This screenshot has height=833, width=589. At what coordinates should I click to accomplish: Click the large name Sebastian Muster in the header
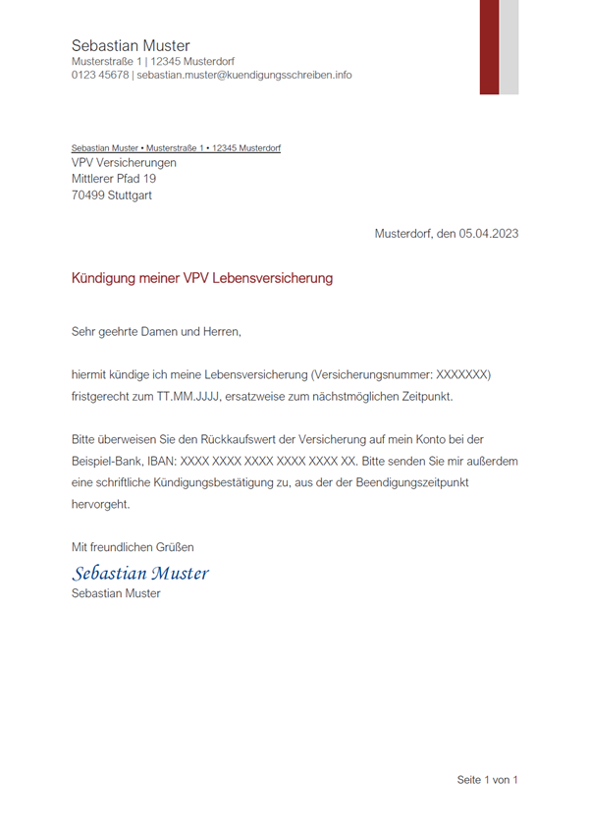(x=131, y=45)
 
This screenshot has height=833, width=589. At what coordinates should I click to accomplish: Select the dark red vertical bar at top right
(x=489, y=46)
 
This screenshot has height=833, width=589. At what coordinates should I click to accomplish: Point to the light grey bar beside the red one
(x=509, y=46)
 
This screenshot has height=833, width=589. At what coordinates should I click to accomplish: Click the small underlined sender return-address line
(x=176, y=148)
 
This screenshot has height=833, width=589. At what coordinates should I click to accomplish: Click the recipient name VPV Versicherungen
(x=124, y=162)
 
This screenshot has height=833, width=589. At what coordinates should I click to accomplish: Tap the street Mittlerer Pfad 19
(x=114, y=179)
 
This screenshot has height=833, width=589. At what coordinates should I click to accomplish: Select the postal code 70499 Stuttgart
(x=112, y=195)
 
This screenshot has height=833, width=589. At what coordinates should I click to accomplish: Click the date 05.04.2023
(x=488, y=234)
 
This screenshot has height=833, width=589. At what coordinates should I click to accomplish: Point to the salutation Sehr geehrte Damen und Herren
(x=156, y=332)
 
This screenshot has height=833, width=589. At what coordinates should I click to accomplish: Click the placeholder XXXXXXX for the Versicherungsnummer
(x=462, y=375)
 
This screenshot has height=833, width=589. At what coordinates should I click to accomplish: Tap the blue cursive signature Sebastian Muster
(x=140, y=572)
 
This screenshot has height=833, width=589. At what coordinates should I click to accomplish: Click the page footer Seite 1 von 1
(x=487, y=780)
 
